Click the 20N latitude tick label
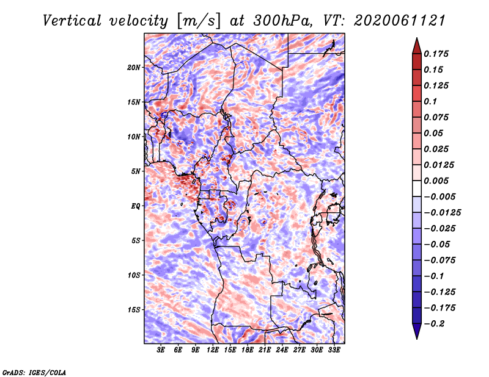point(134,67)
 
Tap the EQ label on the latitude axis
point(136,206)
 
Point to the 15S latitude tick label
point(134,309)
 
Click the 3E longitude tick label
point(161,350)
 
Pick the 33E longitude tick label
point(334,350)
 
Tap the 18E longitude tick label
point(248,350)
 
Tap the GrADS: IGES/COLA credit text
point(34,372)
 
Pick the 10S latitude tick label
point(134,275)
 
